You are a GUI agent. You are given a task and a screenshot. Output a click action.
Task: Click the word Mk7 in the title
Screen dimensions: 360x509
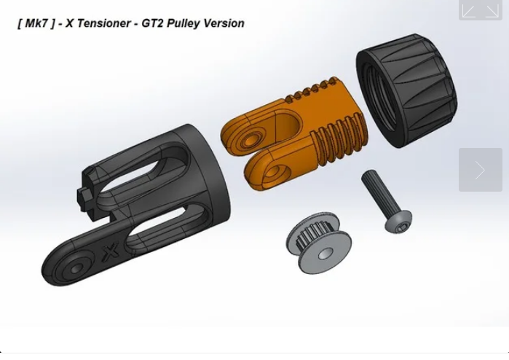[x=36, y=23]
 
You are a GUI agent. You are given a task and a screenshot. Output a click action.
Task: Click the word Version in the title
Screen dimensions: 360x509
[x=224, y=23]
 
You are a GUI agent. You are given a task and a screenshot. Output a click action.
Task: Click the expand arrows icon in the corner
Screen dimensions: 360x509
[x=480, y=10]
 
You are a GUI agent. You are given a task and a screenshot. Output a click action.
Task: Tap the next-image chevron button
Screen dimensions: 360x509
[x=480, y=170]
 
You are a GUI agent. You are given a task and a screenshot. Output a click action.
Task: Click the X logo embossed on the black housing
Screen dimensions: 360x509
[x=111, y=254]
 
